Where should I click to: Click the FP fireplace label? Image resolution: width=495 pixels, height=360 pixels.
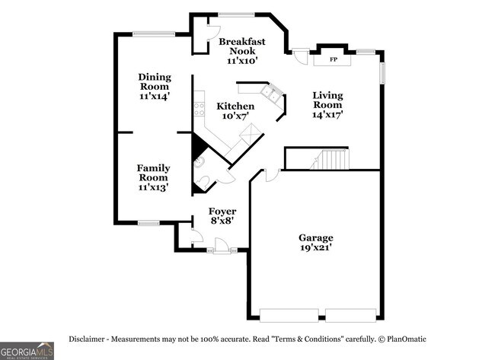click(x=334, y=59)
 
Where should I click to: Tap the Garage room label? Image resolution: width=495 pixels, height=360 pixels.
click(x=316, y=237)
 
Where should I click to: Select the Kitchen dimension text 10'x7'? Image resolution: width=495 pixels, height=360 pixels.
click(x=235, y=116)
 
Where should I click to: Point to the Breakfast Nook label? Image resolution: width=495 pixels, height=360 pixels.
click(x=242, y=46)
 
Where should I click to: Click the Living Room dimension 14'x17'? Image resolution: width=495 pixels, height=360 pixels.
click(x=327, y=114)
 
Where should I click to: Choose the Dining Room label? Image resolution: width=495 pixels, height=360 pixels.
click(x=155, y=81)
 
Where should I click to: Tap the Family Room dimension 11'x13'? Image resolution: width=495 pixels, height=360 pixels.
click(x=153, y=187)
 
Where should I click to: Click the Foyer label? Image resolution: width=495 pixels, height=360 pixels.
click(x=222, y=212)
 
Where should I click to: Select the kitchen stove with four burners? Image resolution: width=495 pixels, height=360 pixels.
click(x=200, y=109)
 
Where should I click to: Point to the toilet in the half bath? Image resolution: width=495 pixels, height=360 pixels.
click(x=203, y=183)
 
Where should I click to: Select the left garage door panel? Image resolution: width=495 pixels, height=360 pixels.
click(x=289, y=316)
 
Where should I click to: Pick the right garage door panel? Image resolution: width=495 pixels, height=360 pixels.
click(x=351, y=316)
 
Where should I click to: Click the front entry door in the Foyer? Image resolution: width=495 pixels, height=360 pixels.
click(x=221, y=246)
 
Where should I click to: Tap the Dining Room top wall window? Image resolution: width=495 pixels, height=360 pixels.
click(x=154, y=34)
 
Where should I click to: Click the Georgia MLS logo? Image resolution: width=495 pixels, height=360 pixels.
click(x=27, y=351)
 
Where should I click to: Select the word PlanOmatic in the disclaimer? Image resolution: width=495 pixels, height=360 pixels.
click(x=407, y=339)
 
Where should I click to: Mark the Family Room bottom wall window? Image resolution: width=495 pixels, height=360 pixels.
click(x=148, y=223)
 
